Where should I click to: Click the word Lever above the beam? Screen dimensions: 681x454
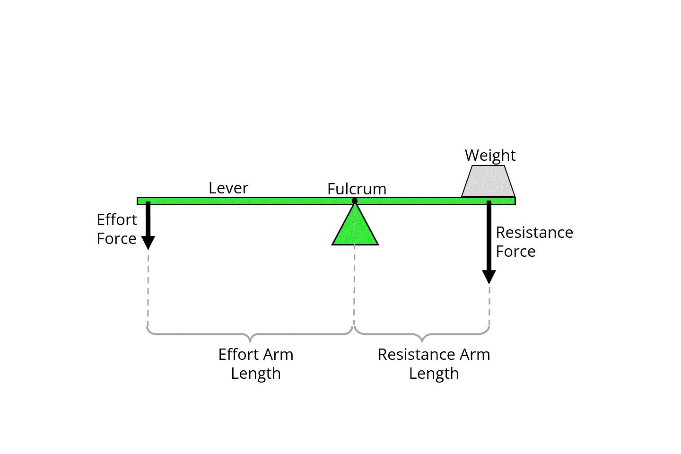click(228, 188)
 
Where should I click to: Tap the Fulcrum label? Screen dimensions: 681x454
click(357, 189)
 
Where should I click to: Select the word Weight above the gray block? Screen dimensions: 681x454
click(490, 156)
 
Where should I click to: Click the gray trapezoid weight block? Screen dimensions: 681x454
click(488, 181)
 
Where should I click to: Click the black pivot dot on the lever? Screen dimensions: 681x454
click(355, 201)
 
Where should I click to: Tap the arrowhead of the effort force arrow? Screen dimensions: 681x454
click(148, 243)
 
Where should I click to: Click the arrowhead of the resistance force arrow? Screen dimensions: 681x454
click(489, 277)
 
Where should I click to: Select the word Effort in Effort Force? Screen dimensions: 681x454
click(117, 219)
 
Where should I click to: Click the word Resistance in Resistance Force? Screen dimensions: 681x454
click(534, 233)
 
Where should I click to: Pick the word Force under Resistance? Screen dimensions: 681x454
click(515, 252)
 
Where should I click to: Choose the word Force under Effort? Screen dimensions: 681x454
click(116, 238)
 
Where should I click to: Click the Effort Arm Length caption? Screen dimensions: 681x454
click(256, 364)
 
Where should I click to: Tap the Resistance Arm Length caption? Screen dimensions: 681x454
click(434, 364)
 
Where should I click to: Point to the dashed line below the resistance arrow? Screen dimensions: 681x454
click(489, 306)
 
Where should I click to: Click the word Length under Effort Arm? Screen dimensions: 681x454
click(256, 374)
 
